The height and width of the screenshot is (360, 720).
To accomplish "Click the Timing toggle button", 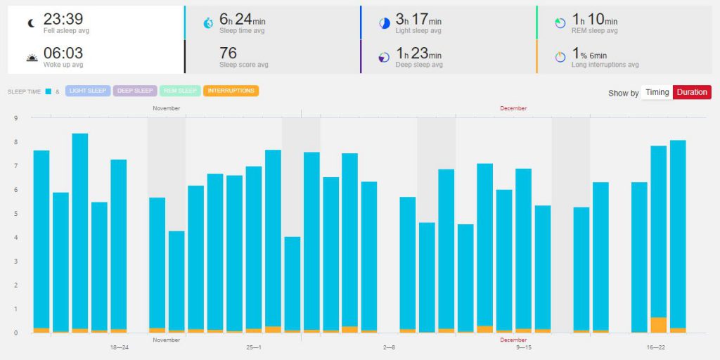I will pyautogui.click(x=657, y=92).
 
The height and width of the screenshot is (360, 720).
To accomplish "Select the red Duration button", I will pyautogui.click(x=692, y=92).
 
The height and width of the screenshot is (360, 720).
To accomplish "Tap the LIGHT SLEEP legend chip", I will pyautogui.click(x=88, y=91).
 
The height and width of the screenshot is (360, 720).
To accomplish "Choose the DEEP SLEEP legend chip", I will pyautogui.click(x=134, y=91).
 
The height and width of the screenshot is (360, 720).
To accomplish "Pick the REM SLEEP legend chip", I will pyautogui.click(x=179, y=91).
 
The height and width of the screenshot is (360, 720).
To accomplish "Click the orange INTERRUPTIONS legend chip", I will pyautogui.click(x=231, y=91).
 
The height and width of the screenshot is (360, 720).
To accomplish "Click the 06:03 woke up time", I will pyautogui.click(x=63, y=53).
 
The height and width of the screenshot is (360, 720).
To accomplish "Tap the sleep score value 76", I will pyautogui.click(x=228, y=53).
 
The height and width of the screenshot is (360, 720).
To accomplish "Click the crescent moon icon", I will pyautogui.click(x=31, y=22).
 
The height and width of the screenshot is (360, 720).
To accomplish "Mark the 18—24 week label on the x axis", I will pyautogui.click(x=120, y=347).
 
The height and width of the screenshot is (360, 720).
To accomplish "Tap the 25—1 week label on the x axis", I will pyautogui.click(x=254, y=347).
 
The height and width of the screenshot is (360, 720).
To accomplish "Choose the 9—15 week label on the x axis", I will pyautogui.click(x=524, y=347).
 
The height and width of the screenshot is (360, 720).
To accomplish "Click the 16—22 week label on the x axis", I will pyautogui.click(x=657, y=347).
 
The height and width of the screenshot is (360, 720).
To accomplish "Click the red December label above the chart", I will pyautogui.click(x=513, y=108).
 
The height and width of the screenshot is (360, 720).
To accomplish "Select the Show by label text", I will pyautogui.click(x=623, y=93).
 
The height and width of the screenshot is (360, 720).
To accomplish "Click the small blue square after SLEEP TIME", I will pyautogui.click(x=47, y=91).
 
